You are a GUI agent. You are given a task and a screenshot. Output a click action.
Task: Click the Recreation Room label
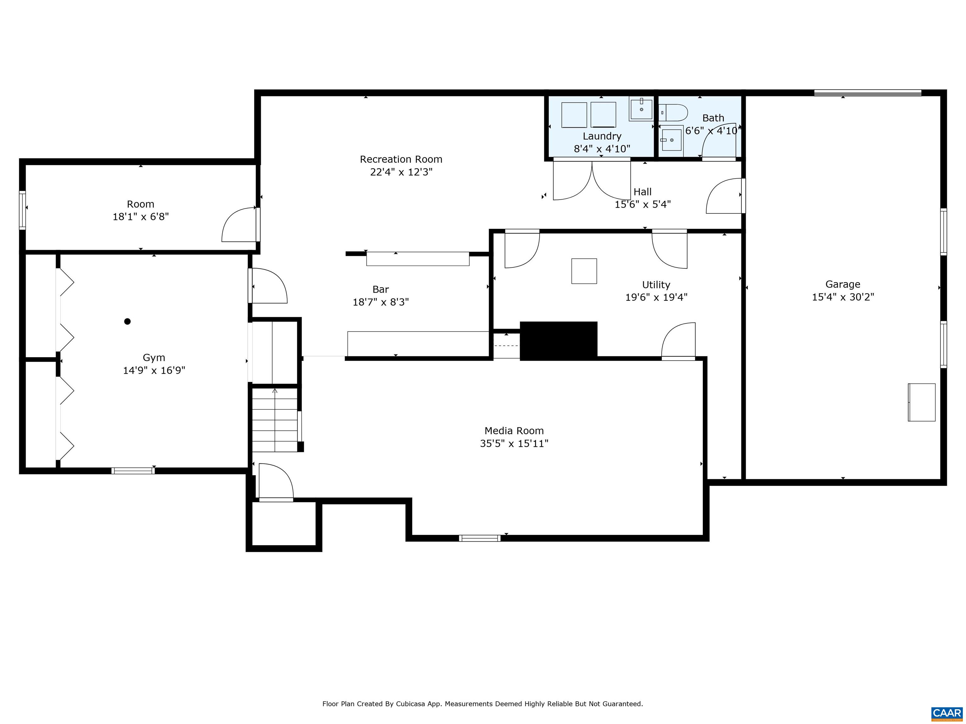(401, 159)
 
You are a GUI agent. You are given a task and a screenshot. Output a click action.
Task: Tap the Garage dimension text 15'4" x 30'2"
(842, 297)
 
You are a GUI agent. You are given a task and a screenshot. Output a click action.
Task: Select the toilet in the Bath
(673, 112)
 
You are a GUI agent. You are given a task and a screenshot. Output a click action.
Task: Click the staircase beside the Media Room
(275, 420)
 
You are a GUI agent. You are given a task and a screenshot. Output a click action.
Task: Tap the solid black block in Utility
(558, 341)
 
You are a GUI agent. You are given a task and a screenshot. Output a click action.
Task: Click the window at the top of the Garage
(867, 92)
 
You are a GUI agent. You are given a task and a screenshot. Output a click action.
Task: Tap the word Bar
(380, 289)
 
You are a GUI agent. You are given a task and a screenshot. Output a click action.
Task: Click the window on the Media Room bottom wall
(479, 538)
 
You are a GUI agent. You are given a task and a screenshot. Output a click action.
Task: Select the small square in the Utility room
(584, 271)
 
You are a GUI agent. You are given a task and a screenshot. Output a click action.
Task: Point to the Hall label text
(642, 192)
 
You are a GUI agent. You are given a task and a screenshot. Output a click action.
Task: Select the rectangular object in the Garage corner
(921, 402)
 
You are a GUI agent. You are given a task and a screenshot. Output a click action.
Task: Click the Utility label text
(656, 285)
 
